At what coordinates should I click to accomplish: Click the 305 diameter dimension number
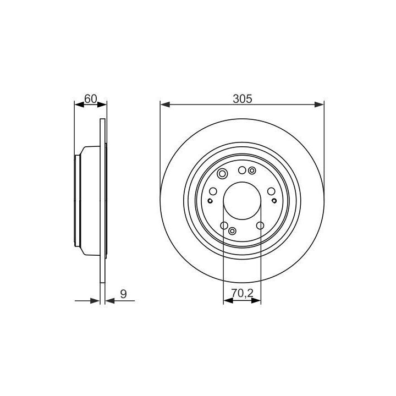click(x=243, y=99)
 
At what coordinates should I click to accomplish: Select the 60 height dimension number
click(x=91, y=99)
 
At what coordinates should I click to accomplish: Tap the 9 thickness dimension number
click(x=124, y=294)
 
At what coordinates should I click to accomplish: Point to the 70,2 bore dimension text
click(x=242, y=293)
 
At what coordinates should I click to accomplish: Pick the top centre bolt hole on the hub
click(x=242, y=170)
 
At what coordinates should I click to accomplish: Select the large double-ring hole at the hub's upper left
click(x=222, y=174)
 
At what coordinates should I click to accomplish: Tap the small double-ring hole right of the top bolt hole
click(x=252, y=171)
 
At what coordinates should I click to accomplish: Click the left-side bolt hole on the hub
click(x=213, y=191)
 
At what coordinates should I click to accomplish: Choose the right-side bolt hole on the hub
click(x=271, y=191)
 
